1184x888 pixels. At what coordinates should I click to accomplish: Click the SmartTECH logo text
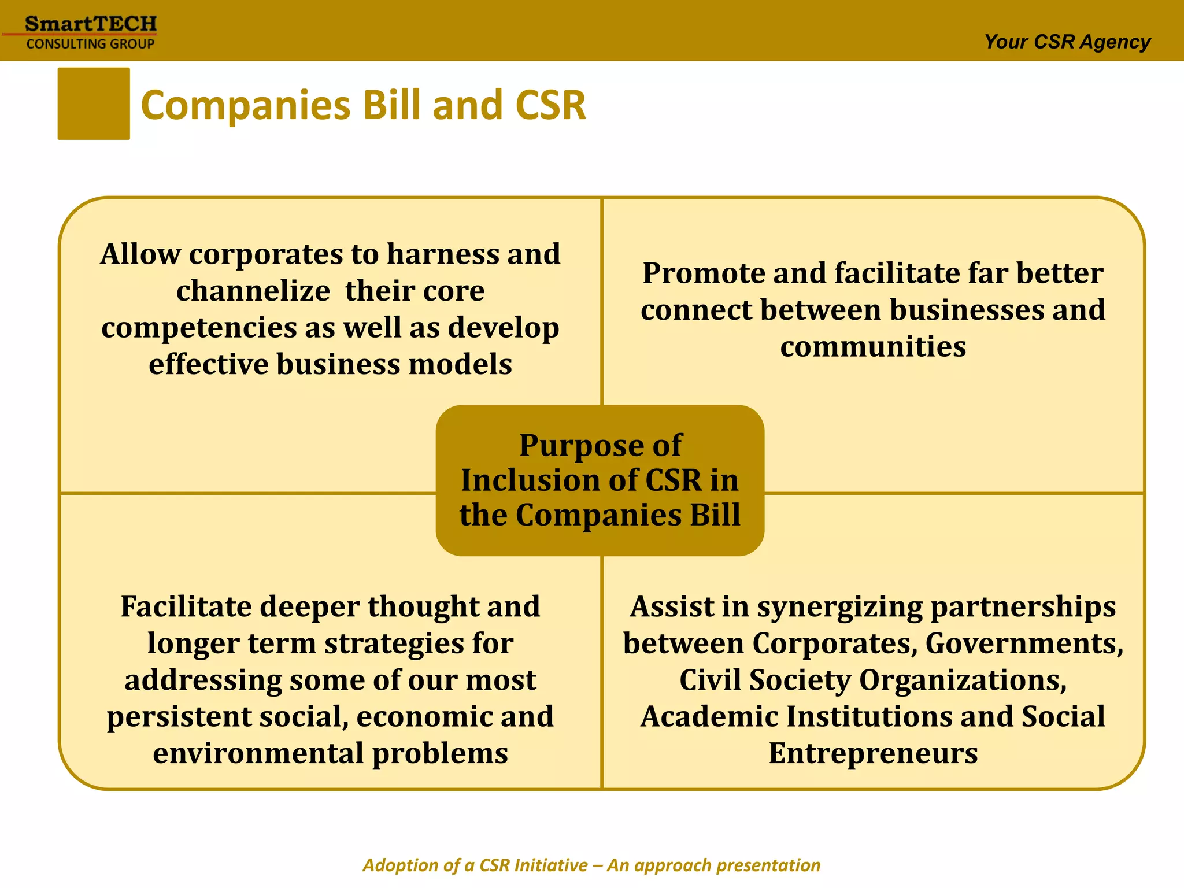91,24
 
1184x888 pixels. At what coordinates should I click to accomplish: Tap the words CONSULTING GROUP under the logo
91,44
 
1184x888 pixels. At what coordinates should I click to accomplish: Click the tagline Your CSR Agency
1067,42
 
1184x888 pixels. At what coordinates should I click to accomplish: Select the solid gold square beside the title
94,103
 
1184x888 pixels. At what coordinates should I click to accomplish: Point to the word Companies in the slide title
246,106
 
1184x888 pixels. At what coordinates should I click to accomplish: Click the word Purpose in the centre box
566,446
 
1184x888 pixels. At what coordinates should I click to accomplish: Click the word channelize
253,291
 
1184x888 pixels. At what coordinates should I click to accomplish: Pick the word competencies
199,328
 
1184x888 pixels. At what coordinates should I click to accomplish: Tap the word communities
873,346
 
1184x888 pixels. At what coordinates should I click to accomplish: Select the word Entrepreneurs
873,753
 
